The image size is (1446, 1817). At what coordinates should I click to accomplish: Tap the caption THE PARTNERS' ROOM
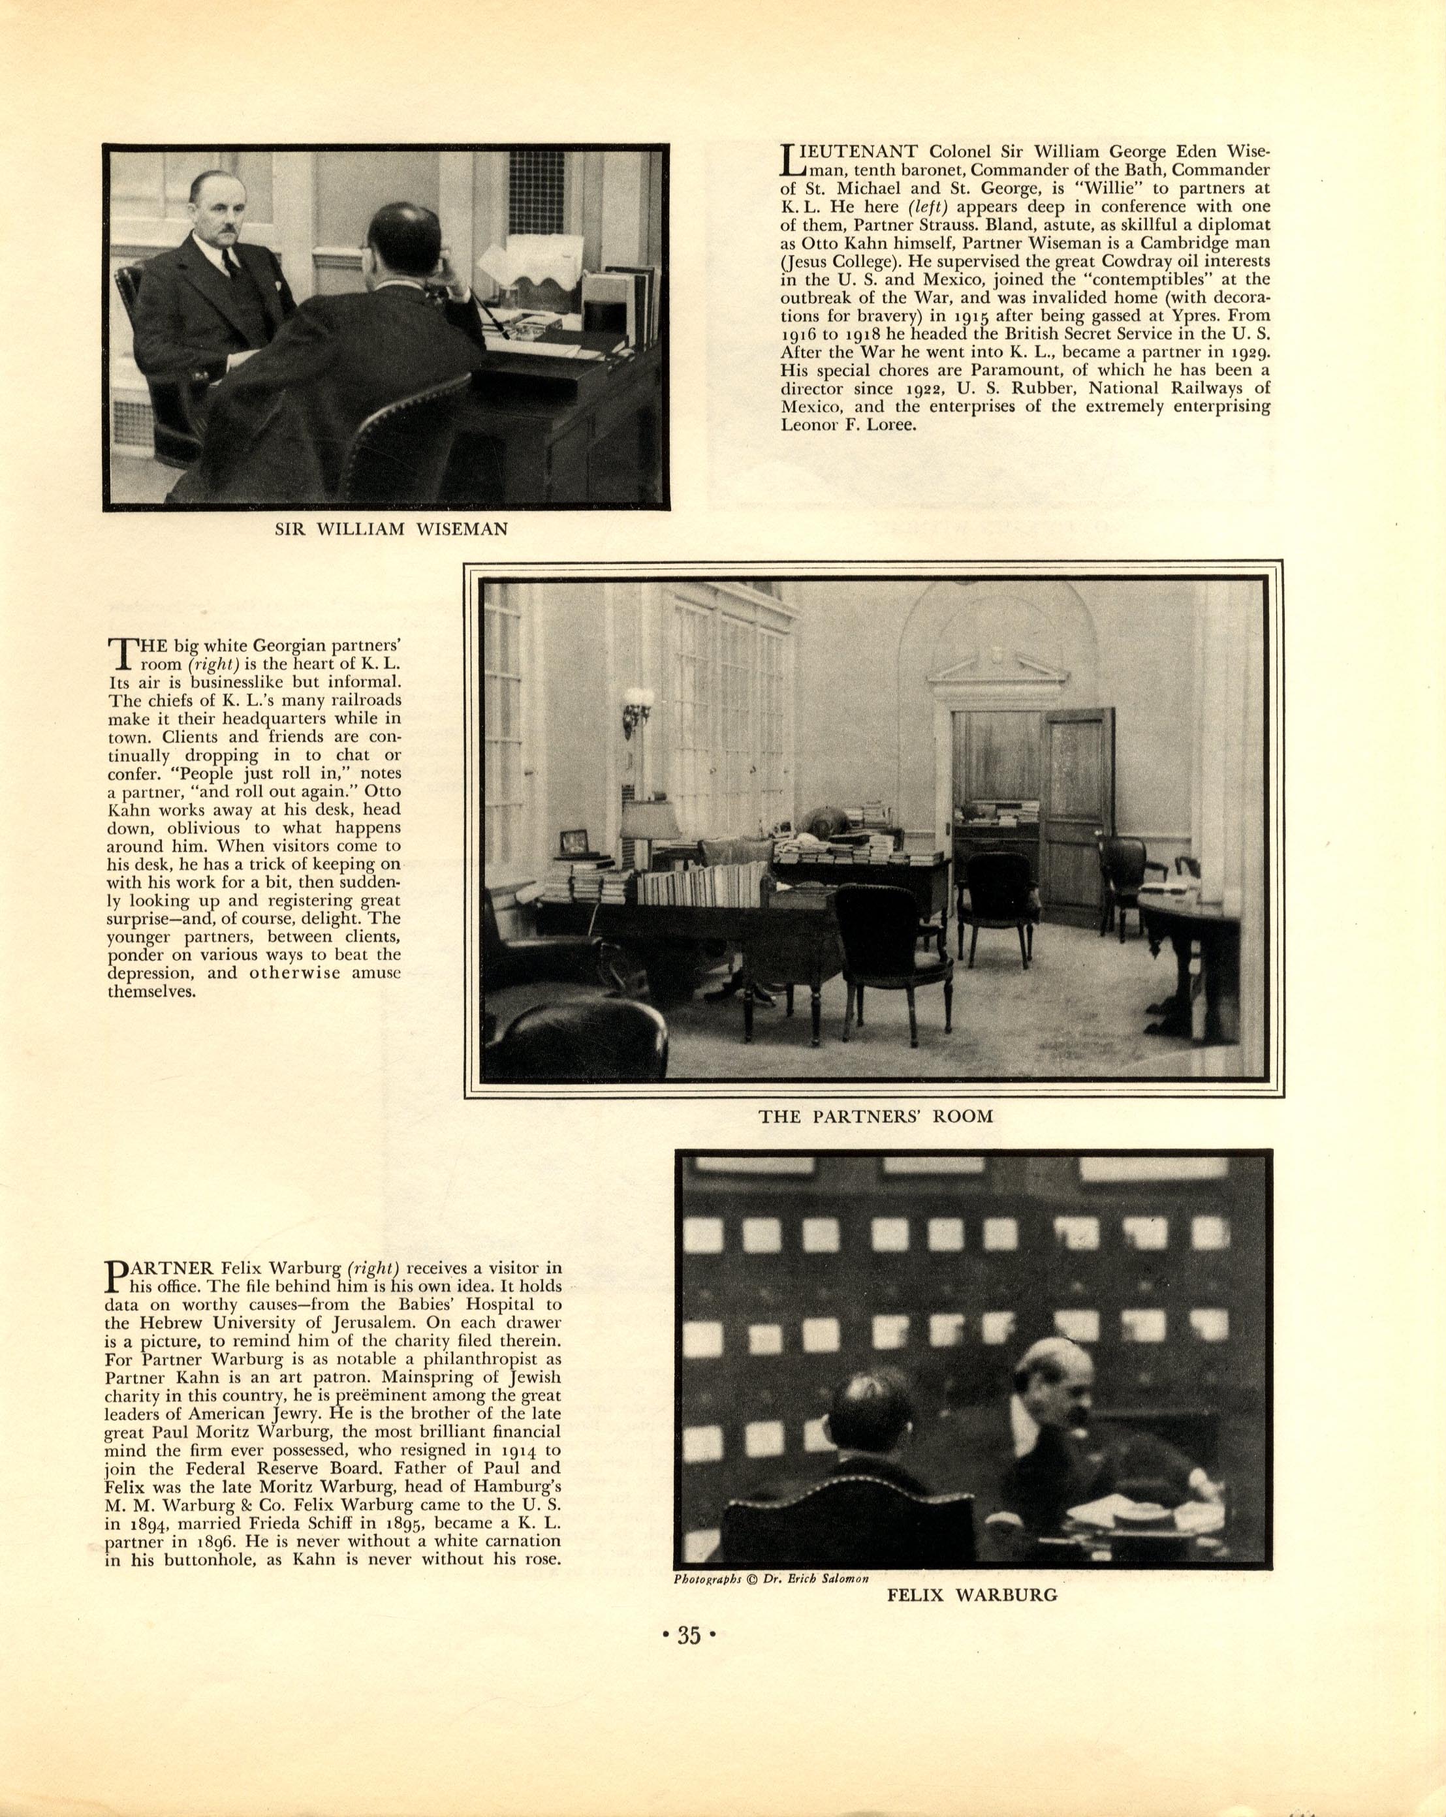click(x=875, y=1117)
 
